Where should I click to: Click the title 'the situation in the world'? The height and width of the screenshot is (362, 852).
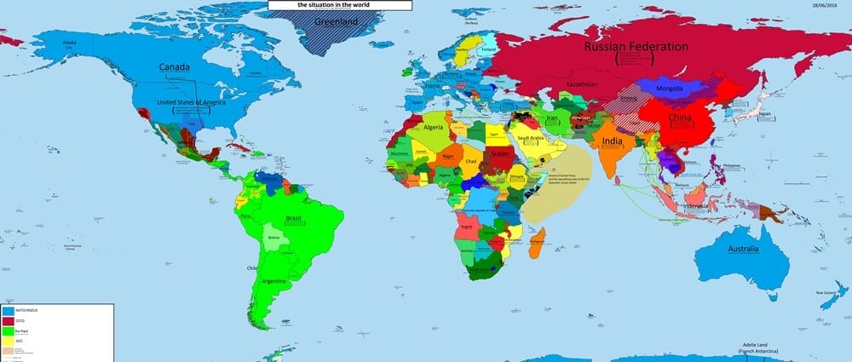click(340, 5)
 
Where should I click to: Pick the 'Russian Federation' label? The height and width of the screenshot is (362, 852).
click(636, 48)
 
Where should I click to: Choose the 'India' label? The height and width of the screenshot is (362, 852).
click(612, 141)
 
